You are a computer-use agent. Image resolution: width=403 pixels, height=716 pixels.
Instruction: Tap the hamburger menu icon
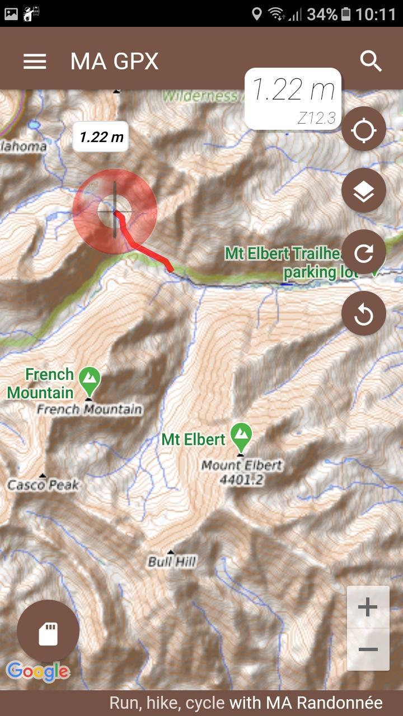click(35, 61)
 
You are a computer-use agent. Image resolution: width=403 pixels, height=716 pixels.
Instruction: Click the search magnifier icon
click(371, 61)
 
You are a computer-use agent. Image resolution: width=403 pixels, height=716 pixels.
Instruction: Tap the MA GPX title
click(114, 61)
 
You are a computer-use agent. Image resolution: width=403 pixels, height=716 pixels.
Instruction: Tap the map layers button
click(364, 191)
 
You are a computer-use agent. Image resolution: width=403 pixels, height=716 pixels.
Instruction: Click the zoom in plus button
click(368, 607)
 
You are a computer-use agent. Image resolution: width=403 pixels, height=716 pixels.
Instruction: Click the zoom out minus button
click(368, 649)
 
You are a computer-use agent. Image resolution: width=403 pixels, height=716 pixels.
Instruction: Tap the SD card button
click(48, 632)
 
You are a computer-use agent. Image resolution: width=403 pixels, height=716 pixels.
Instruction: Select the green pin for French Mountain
click(89, 380)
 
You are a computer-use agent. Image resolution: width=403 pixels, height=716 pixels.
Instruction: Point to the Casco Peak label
click(43, 484)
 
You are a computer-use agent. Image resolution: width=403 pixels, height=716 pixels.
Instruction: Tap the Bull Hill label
click(172, 561)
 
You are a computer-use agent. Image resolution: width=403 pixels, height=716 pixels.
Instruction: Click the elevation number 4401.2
click(242, 479)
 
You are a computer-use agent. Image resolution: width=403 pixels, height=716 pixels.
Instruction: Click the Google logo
click(38, 671)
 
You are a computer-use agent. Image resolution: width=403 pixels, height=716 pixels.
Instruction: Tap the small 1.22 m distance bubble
click(101, 136)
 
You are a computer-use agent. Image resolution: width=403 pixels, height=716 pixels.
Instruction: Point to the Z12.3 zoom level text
click(316, 118)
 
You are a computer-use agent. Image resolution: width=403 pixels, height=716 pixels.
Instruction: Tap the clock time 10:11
click(376, 13)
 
